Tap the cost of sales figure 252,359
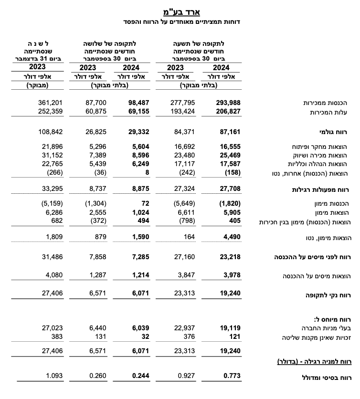pos(50,111)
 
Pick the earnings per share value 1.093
pos(53,376)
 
